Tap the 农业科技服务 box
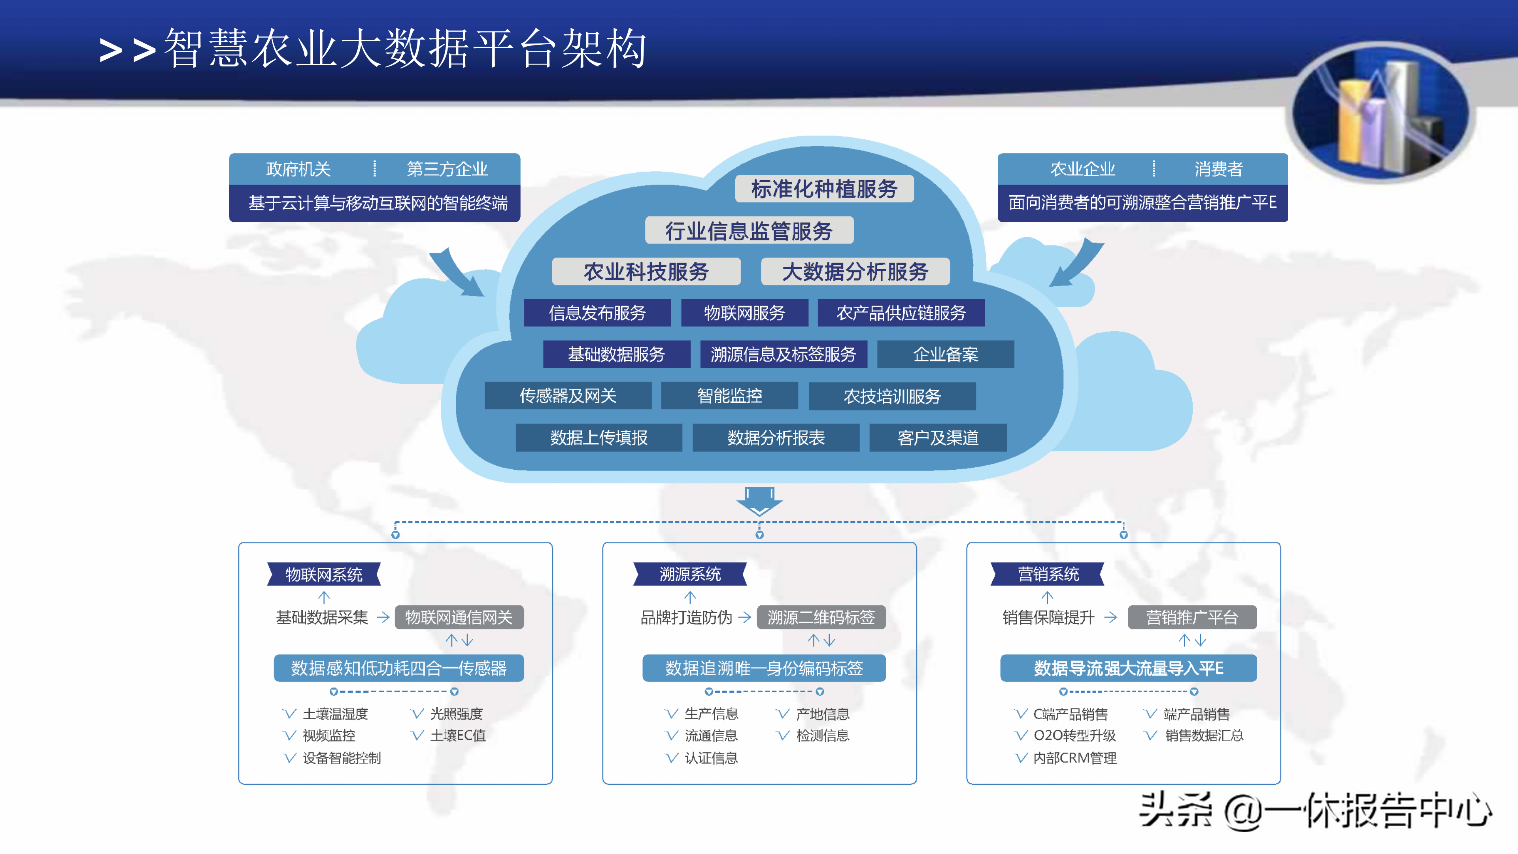click(x=646, y=272)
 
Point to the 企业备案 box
click(x=945, y=354)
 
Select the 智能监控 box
click(x=729, y=395)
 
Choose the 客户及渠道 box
click(x=938, y=437)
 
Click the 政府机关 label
click(x=298, y=169)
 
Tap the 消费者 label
click(x=1218, y=169)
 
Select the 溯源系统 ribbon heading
click(x=690, y=574)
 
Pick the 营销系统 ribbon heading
click(x=1048, y=574)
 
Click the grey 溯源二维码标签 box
click(x=821, y=617)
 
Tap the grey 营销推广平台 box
click(x=1191, y=617)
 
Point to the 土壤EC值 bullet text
click(x=458, y=735)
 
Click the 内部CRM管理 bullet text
click(x=1074, y=758)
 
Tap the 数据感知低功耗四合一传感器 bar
click(x=399, y=668)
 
